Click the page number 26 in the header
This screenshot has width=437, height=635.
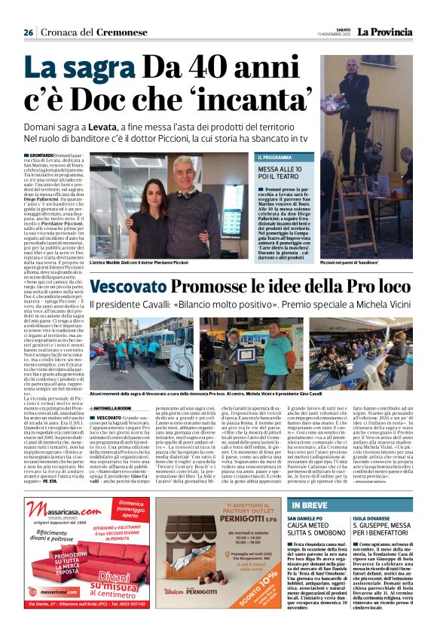point(28,32)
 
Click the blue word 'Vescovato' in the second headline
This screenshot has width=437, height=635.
point(133,287)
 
